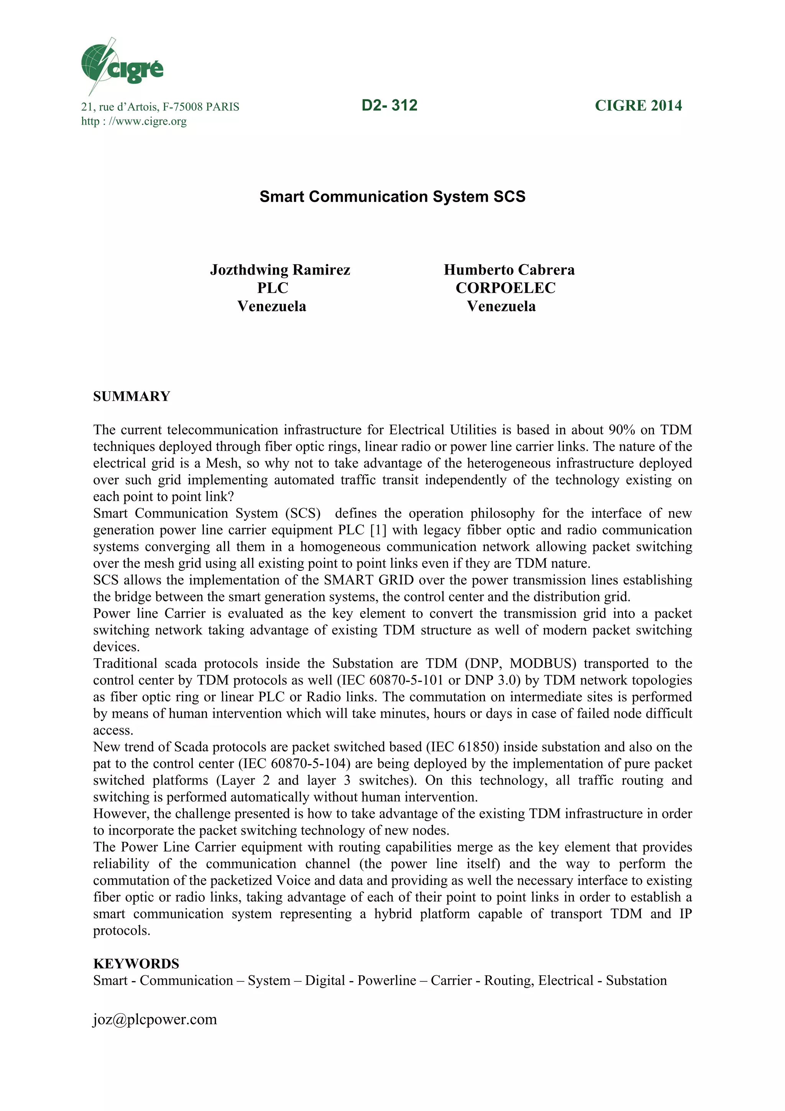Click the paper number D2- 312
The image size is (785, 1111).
click(x=389, y=105)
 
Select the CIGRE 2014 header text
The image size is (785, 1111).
click(x=638, y=105)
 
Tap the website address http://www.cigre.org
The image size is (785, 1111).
click(x=133, y=121)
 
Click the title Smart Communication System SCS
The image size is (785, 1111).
click(x=392, y=196)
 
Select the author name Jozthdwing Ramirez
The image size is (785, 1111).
click(x=280, y=270)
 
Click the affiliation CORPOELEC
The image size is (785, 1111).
click(x=506, y=288)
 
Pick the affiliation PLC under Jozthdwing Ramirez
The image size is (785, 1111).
click(x=272, y=288)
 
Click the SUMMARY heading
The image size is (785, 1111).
click(x=131, y=396)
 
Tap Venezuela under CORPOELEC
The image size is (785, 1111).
click(x=501, y=306)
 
